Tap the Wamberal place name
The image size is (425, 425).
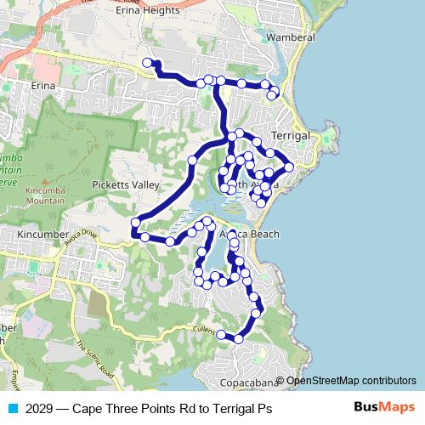pos(291,38)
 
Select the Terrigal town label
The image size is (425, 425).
pos(292,136)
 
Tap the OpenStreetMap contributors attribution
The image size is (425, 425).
pos(351,381)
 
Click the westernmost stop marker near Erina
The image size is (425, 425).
pos(147,62)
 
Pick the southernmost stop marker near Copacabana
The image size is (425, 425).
pos(238,339)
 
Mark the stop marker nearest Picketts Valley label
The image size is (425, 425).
pos(193,160)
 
